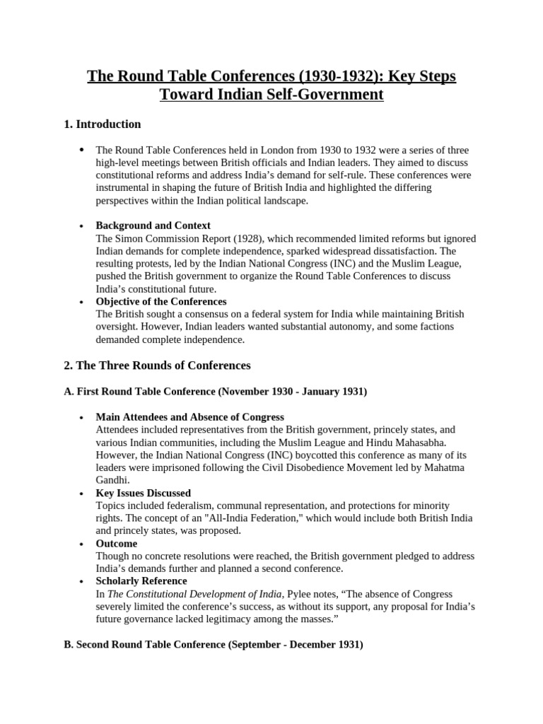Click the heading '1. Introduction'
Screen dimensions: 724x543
tap(102, 124)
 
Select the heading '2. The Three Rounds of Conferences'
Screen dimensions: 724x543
tap(157, 366)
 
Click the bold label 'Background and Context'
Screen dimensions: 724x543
tap(153, 226)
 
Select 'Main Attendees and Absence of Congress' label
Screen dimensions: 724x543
tap(189, 417)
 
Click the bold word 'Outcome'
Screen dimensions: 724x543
tap(117, 544)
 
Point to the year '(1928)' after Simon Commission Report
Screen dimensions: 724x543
tap(243, 238)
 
